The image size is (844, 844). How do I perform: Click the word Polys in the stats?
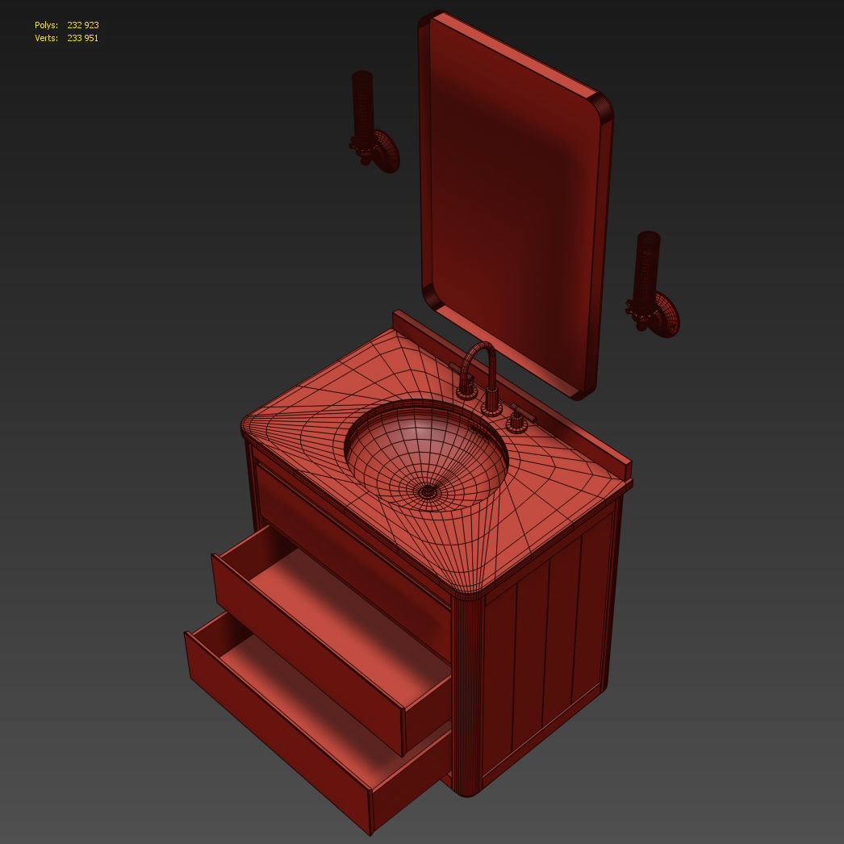coord(46,26)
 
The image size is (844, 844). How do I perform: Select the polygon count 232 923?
coord(83,26)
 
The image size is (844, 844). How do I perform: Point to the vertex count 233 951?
coord(83,38)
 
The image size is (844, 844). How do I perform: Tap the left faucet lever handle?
coord(462,376)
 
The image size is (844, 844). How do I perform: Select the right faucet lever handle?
coord(521,415)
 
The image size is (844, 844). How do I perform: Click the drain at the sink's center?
coord(427,490)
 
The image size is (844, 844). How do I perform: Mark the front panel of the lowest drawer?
coord(274,726)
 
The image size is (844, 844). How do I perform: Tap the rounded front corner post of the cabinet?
coord(466,694)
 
